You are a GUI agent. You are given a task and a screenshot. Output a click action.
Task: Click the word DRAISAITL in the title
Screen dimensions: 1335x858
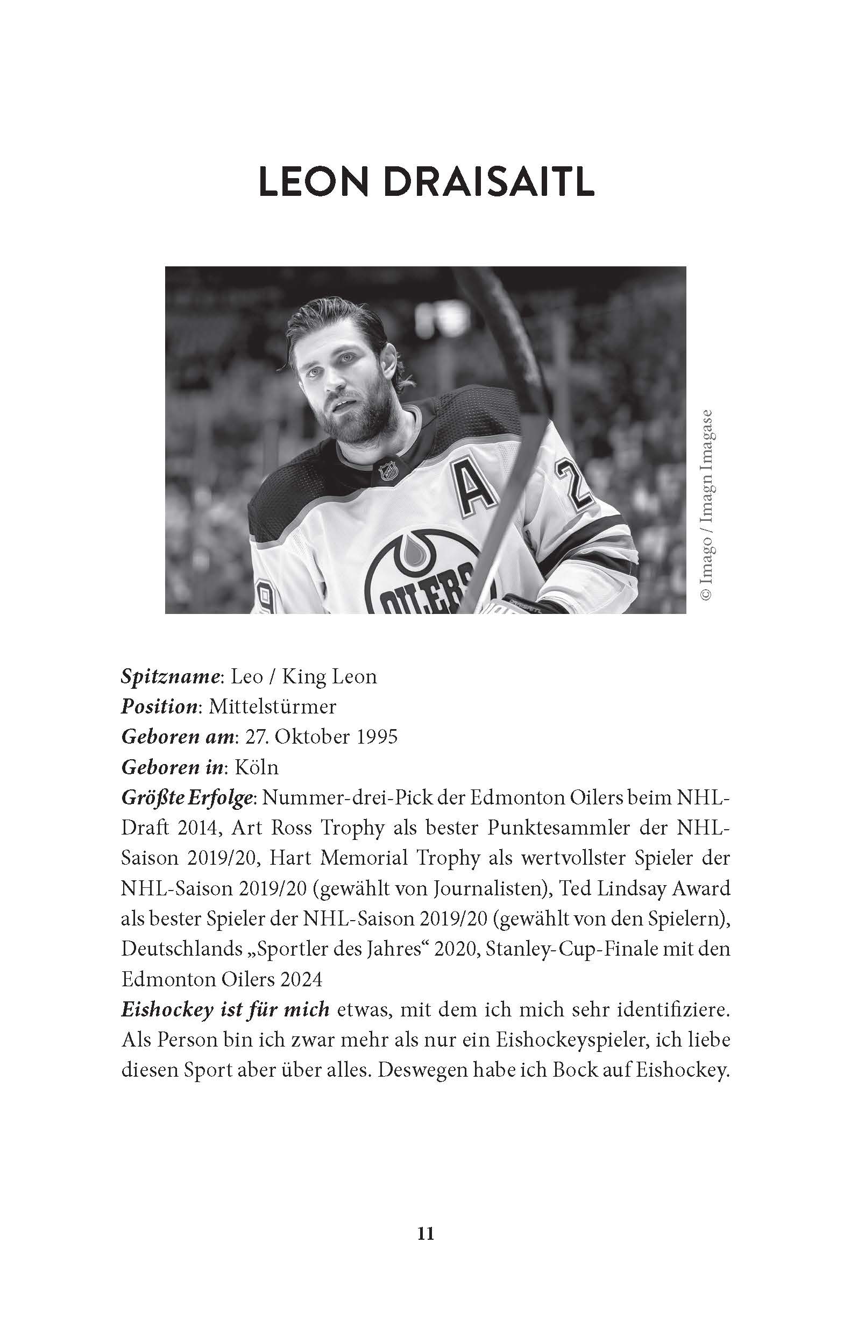tap(489, 182)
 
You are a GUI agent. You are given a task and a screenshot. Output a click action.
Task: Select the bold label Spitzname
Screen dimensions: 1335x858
tap(169, 677)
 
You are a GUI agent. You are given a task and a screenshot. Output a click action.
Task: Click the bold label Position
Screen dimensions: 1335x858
tap(159, 707)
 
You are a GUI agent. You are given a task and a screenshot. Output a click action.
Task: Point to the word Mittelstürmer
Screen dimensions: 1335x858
tap(272, 707)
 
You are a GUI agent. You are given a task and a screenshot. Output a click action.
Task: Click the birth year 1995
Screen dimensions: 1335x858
tap(377, 737)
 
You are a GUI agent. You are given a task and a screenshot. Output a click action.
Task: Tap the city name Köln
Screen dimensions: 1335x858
tap(256, 767)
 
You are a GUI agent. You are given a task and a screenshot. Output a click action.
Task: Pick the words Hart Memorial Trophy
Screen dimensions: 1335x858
tap(375, 858)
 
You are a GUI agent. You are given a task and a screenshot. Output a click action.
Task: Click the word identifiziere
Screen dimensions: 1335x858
tap(672, 1009)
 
